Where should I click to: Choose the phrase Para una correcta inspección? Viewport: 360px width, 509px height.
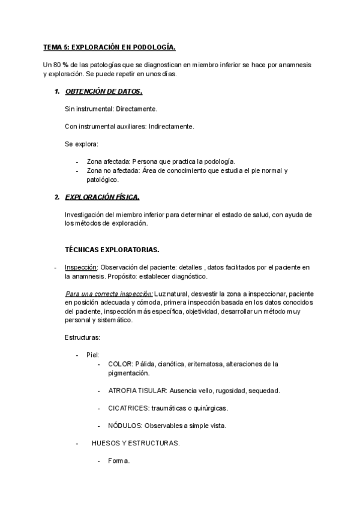coord(108,294)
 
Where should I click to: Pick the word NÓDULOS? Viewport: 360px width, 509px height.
coord(124,426)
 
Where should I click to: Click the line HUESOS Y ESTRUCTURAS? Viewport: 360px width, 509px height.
coord(136,444)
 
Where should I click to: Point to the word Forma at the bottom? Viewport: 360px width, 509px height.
coord(119,461)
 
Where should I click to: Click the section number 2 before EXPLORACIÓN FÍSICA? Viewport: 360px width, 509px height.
coord(56,197)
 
